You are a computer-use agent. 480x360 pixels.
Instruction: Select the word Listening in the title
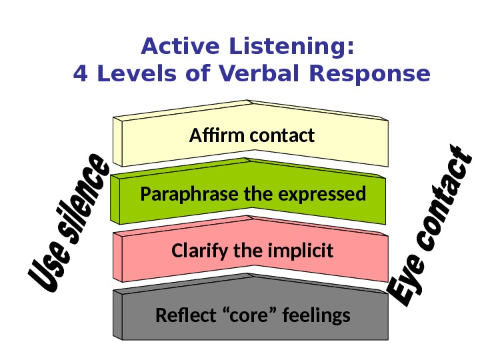click(288, 48)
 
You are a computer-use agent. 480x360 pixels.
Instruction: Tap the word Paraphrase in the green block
click(183, 195)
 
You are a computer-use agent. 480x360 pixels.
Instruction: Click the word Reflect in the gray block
click(181, 315)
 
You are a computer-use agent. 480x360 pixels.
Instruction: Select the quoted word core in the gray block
click(249, 315)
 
